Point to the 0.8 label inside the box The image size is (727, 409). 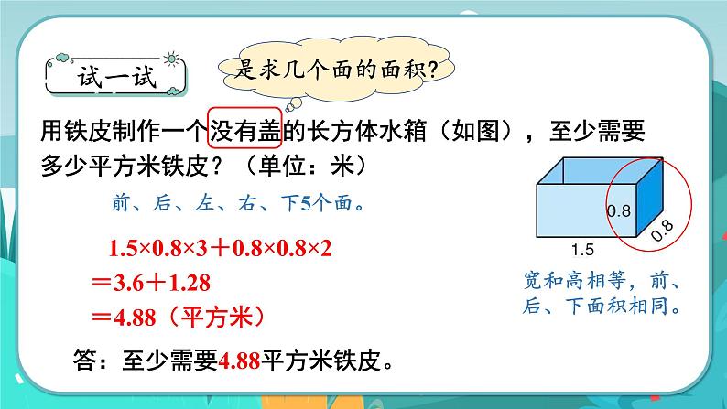click(619, 211)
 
